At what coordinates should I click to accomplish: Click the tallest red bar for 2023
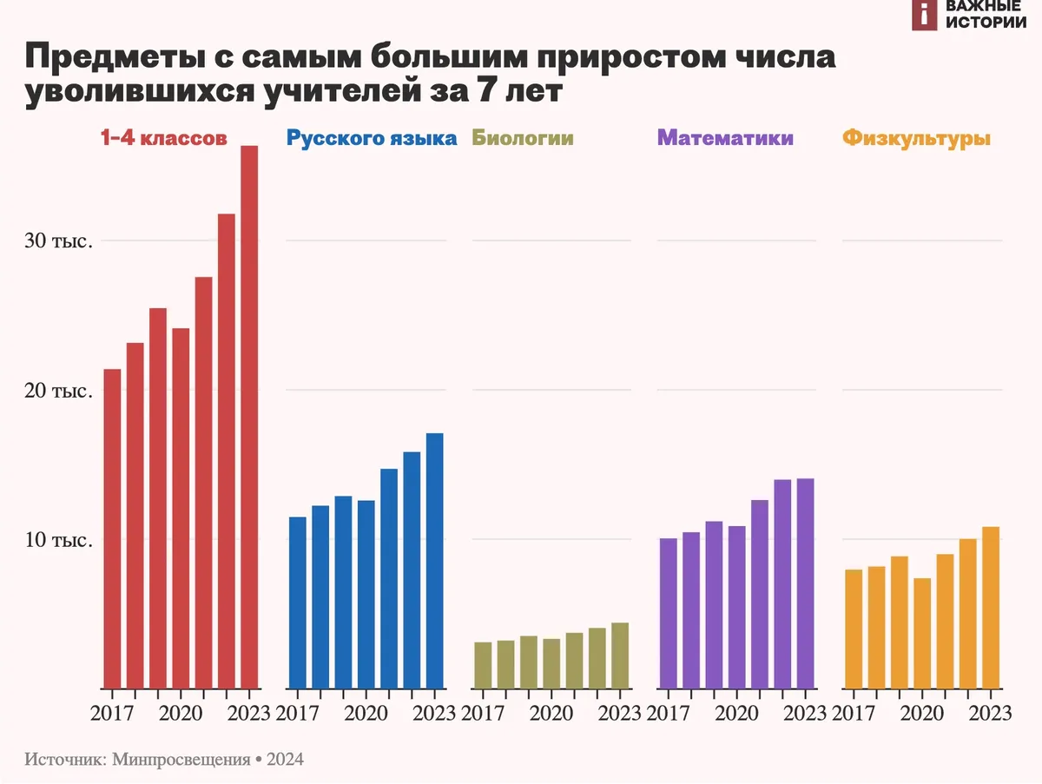[249, 417]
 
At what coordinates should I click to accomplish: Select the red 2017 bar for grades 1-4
[112, 529]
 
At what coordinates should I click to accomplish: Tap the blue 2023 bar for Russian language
[434, 561]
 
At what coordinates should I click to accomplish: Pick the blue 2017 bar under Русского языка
[298, 603]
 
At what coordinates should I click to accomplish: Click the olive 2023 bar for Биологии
[619, 656]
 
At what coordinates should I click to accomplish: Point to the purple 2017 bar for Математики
[669, 613]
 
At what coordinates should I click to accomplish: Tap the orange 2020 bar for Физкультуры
[922, 633]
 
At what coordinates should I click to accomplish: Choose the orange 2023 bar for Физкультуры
[991, 608]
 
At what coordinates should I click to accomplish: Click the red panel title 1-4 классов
[164, 138]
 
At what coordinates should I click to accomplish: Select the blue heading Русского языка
[371, 138]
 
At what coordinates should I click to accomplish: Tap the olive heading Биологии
[522, 138]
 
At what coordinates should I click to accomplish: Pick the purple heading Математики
[725, 138]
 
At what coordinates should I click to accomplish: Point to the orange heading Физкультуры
[917, 138]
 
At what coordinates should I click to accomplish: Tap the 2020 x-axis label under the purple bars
[736, 714]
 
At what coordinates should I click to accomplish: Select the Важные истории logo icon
[925, 14]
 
